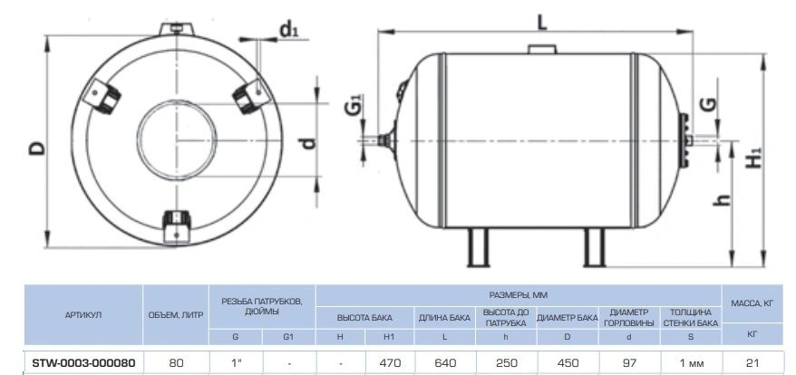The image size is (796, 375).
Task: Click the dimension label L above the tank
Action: (543, 22)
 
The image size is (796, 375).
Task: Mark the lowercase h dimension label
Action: (722, 200)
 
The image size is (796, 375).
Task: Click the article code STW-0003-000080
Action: (83, 363)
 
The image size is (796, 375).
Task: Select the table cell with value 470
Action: (390, 363)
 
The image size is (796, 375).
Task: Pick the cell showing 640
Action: (445, 363)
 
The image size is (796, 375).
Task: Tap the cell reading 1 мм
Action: (691, 363)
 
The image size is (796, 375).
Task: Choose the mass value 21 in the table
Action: (752, 363)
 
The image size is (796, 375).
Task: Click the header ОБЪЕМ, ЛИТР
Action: (176, 315)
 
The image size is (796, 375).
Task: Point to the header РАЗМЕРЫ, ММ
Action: (519, 294)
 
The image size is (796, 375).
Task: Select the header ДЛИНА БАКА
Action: (445, 318)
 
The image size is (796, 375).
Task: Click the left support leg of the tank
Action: (478, 247)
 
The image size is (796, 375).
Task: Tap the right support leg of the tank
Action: (594, 247)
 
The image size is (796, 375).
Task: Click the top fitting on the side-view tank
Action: (542, 49)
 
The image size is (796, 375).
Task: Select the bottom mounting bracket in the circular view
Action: (176, 226)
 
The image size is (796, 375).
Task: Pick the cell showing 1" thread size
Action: (235, 363)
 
